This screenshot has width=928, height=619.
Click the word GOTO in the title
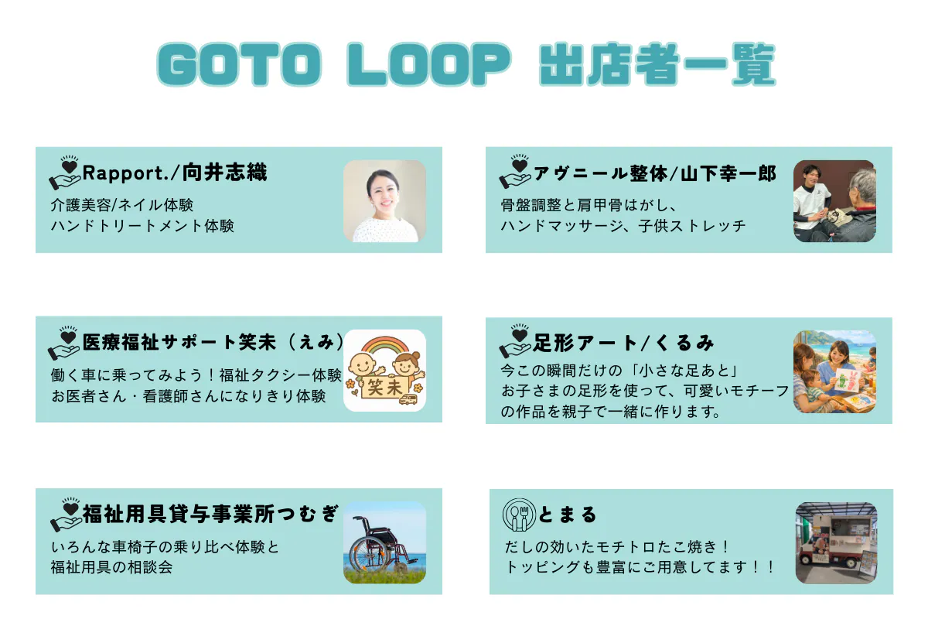(240, 65)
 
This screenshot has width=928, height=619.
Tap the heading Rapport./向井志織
(175, 173)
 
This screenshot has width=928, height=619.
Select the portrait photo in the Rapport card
(384, 201)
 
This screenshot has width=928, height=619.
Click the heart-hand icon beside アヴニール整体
(515, 172)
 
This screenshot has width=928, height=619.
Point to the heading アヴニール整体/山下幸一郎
(655, 173)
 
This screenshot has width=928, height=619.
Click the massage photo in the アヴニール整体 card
(834, 201)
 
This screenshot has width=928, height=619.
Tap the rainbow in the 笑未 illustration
(385, 346)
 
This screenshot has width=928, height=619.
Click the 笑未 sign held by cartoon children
(384, 388)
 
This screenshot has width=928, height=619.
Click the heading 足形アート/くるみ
(623, 343)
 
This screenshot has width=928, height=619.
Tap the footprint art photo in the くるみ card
(834, 371)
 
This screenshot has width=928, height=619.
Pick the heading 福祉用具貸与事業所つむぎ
(211, 514)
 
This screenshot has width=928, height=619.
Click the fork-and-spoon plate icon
(519, 515)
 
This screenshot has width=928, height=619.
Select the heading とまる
(567, 515)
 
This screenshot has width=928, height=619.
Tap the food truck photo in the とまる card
(836, 543)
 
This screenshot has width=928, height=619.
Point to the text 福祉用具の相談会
(111, 567)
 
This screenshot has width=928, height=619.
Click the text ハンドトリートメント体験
(142, 226)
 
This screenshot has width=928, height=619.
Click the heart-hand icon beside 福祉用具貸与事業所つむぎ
(66, 514)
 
